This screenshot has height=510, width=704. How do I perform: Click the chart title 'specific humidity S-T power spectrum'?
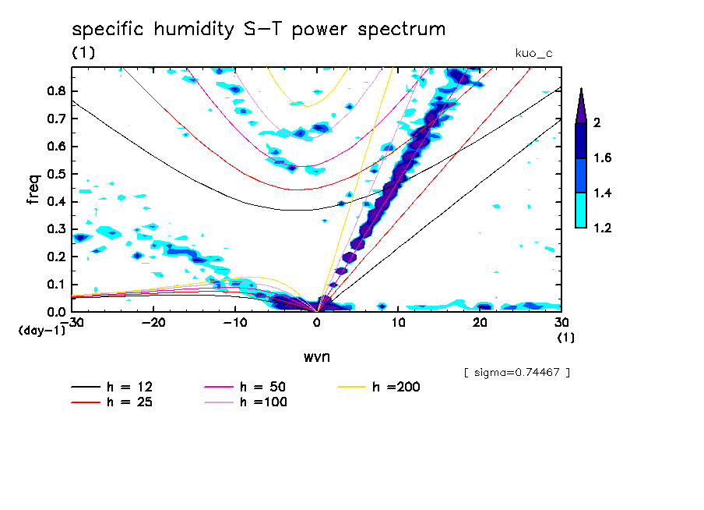[x=259, y=30]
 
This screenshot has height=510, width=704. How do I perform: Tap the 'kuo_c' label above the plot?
[x=533, y=53]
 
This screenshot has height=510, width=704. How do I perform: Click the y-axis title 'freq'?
[x=33, y=189]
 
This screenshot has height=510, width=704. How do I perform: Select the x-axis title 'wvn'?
[x=316, y=356]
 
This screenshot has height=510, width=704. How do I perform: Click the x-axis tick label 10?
[x=398, y=322]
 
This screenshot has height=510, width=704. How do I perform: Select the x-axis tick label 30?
[x=561, y=322]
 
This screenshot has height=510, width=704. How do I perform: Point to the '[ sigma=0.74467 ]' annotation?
[x=517, y=373]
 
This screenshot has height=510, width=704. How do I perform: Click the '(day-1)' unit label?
[x=41, y=331]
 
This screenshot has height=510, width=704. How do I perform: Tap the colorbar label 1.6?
[x=601, y=158]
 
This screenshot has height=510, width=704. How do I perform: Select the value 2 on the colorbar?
[x=596, y=123]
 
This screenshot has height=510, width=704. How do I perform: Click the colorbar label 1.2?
[x=601, y=228]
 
